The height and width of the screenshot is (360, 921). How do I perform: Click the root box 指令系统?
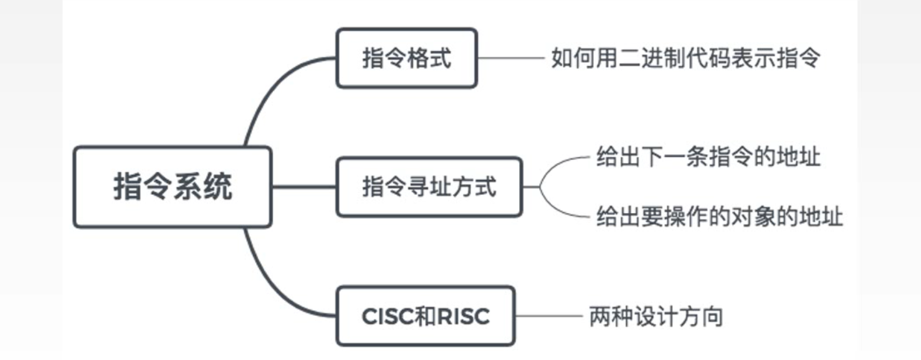tap(172, 187)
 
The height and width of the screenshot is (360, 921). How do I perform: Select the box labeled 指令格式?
tap(406, 59)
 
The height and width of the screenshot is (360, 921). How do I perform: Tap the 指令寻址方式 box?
tap(429, 187)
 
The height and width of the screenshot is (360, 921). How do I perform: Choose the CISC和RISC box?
tap(426, 316)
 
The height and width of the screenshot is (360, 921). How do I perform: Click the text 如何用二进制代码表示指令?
tap(685, 59)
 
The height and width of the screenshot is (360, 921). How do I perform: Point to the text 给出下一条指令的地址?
tap(708, 157)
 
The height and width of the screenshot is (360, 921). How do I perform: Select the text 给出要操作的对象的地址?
tap(719, 217)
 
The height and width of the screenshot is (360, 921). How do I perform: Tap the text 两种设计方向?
tap(656, 316)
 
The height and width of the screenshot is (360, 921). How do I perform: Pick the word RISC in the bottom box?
tap(464, 316)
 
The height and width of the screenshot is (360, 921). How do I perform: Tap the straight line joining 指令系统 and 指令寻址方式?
tap(303, 187)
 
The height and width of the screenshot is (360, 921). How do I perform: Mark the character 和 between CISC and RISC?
tap(421, 316)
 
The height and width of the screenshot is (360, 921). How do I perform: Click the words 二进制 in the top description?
tap(639, 59)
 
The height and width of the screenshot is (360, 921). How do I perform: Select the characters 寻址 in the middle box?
tap(429, 187)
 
